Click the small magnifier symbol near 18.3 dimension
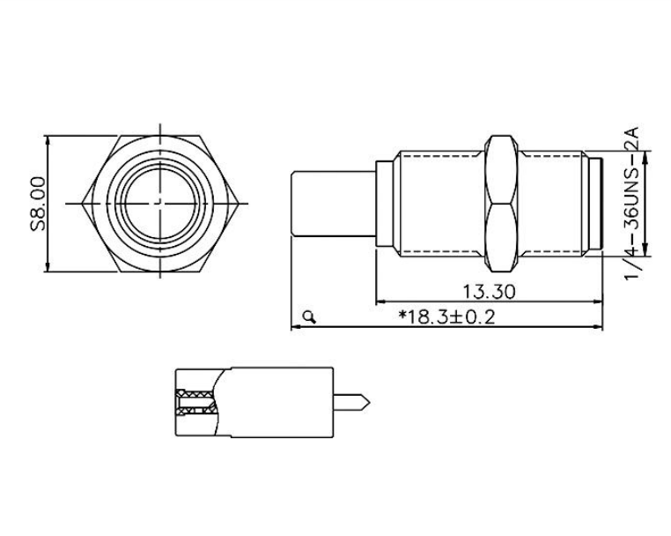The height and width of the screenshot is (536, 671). pyautogui.click(x=307, y=315)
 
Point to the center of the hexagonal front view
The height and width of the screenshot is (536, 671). pyautogui.click(x=161, y=203)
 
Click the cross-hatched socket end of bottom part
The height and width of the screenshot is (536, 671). pyautogui.click(x=193, y=403)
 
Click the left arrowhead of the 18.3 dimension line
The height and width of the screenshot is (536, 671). pyautogui.click(x=294, y=328)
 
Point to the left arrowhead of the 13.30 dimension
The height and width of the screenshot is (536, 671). pyautogui.click(x=379, y=301)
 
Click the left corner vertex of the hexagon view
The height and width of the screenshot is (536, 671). pyautogui.click(x=82, y=204)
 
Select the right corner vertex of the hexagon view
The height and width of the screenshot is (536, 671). pyautogui.click(x=241, y=204)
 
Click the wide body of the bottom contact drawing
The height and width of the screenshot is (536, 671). pyautogui.click(x=282, y=403)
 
